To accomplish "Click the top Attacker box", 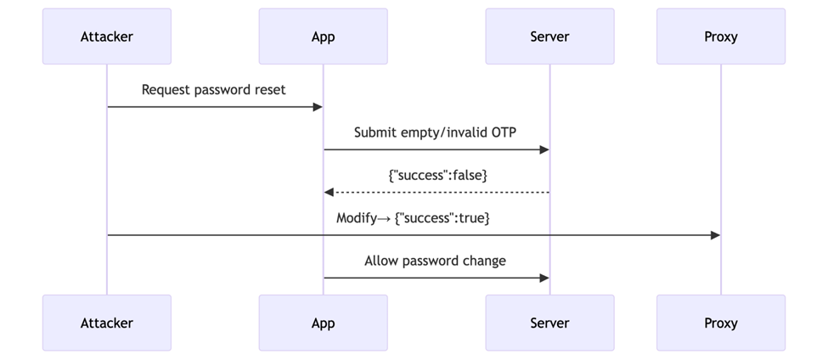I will coord(107,37).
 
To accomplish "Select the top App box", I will coord(323,37).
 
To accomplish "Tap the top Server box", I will coord(549,37).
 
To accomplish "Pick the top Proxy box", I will coord(721,37).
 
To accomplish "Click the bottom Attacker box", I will coord(107,323).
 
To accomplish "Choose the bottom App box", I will coord(323,323).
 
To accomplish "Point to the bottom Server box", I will coord(549,323).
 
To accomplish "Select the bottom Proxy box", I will coord(721,323).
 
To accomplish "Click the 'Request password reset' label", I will coord(213,89).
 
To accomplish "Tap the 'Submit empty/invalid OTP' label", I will coord(436,132).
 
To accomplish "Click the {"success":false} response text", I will coord(437,175).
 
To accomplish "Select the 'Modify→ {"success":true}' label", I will coord(413,218).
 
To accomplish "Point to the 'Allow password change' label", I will coord(435,261).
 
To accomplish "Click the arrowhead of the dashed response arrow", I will coord(329,193).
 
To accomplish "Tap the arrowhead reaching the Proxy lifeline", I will coord(715,235).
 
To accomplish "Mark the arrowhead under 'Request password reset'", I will coord(318,107).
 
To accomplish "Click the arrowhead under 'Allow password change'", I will coord(544,278).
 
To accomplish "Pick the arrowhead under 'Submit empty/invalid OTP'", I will coord(544,149).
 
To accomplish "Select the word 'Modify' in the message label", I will coord(357,218).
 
